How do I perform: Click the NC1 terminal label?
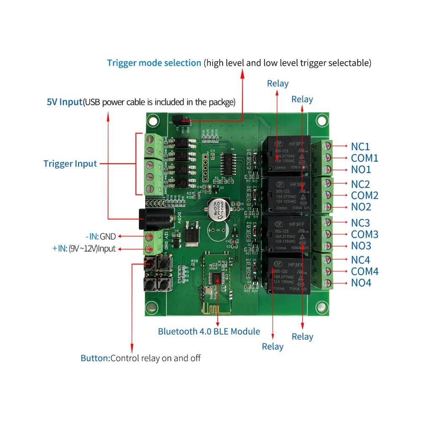(x=360, y=146)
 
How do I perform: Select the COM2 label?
(x=365, y=195)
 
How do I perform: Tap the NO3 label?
(x=361, y=246)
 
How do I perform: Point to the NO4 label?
(x=361, y=283)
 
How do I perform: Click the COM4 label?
(x=365, y=271)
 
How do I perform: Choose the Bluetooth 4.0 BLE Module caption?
(x=209, y=331)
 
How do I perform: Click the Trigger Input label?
(x=70, y=164)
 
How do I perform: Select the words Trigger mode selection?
(x=154, y=63)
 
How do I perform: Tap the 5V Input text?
(x=64, y=102)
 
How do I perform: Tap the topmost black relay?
(x=286, y=154)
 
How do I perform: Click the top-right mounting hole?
(x=322, y=120)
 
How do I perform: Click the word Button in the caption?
(x=95, y=358)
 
